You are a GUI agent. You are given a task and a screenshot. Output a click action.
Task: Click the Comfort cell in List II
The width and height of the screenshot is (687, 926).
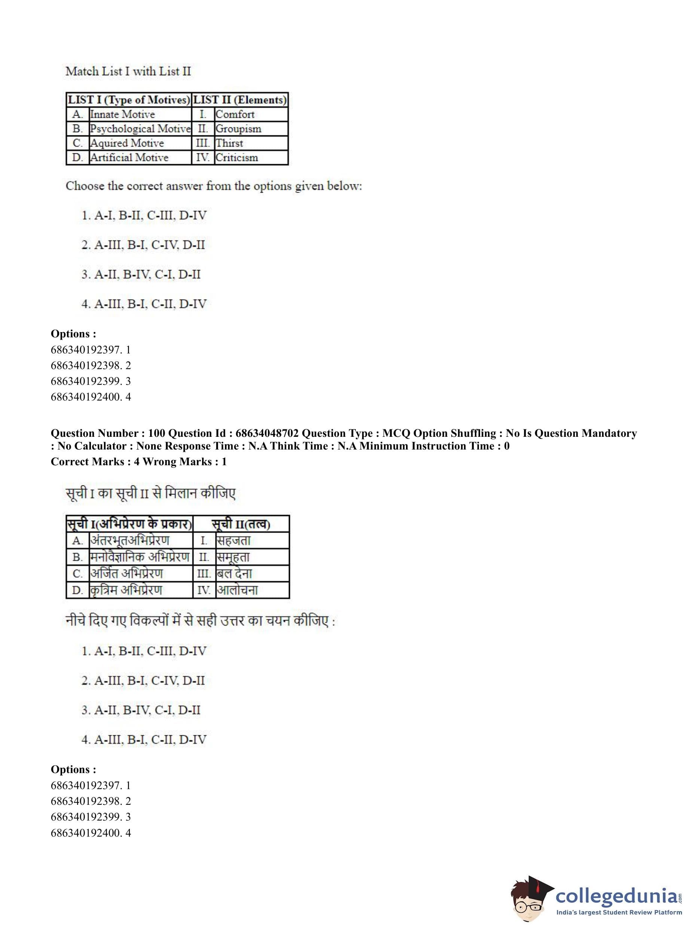(235, 114)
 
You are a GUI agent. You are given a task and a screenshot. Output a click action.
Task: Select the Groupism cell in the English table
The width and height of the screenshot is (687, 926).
(238, 129)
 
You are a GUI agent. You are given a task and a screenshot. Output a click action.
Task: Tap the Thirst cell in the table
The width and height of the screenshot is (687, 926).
(229, 143)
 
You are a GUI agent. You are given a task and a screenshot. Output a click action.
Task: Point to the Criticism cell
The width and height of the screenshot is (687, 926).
(236, 157)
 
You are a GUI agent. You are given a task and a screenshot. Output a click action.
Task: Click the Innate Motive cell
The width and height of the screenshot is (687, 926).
(122, 114)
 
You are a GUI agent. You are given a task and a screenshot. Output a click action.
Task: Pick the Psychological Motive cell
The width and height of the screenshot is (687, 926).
(140, 129)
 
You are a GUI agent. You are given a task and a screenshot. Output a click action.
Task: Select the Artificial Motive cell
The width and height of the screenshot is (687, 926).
(129, 157)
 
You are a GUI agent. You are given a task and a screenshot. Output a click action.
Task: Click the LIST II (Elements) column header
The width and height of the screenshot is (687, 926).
(240, 100)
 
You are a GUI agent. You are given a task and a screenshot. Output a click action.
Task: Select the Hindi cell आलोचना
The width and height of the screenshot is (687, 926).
(238, 590)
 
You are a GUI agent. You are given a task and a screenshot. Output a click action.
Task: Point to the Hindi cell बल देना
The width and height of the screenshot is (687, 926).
(235, 574)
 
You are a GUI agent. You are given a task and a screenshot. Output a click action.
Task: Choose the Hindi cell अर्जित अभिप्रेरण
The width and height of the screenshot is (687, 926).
(127, 574)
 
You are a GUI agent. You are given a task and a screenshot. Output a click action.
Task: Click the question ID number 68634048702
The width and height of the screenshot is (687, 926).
(267, 433)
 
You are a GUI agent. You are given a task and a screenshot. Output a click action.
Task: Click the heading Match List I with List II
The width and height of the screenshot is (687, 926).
(128, 71)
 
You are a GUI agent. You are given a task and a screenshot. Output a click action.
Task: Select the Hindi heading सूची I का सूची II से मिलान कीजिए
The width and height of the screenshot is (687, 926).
(150, 494)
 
